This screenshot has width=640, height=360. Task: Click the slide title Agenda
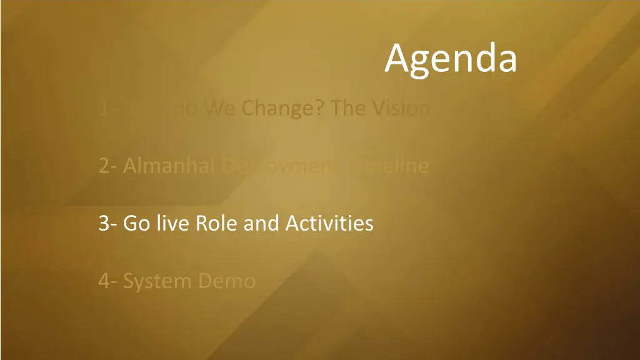[x=451, y=59]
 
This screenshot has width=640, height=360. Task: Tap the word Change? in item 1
[x=283, y=109]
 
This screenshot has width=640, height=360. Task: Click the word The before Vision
[x=347, y=109]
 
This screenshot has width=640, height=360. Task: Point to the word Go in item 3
[x=136, y=223]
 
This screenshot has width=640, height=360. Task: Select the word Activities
[x=329, y=223]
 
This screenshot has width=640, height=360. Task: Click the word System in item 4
[x=157, y=281]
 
